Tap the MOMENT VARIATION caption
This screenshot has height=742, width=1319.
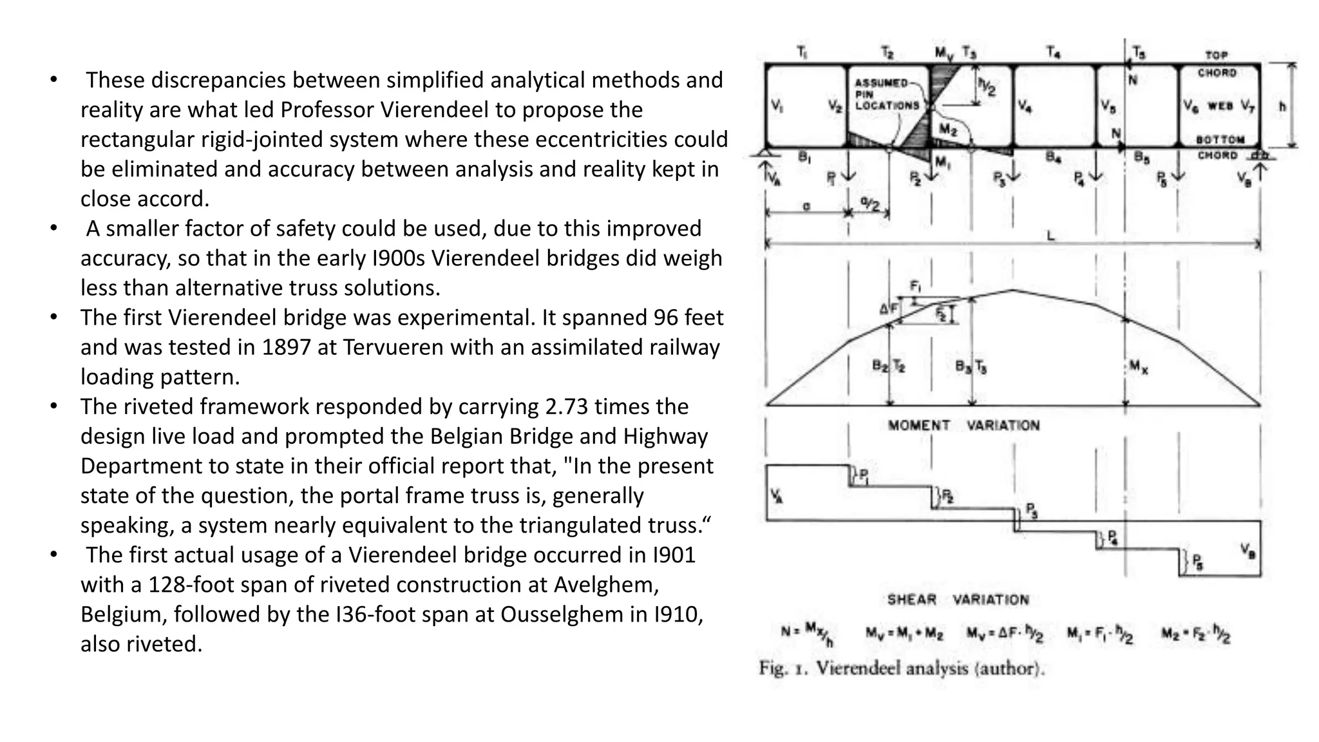tap(963, 425)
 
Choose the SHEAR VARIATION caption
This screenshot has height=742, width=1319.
tap(958, 600)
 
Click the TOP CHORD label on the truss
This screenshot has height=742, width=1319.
tap(1217, 64)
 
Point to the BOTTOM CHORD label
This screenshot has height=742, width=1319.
tap(1219, 147)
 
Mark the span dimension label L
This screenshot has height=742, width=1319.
tap(1050, 236)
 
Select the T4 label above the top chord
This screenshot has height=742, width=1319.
tap(1053, 52)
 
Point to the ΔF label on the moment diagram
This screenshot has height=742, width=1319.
tap(889, 309)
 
